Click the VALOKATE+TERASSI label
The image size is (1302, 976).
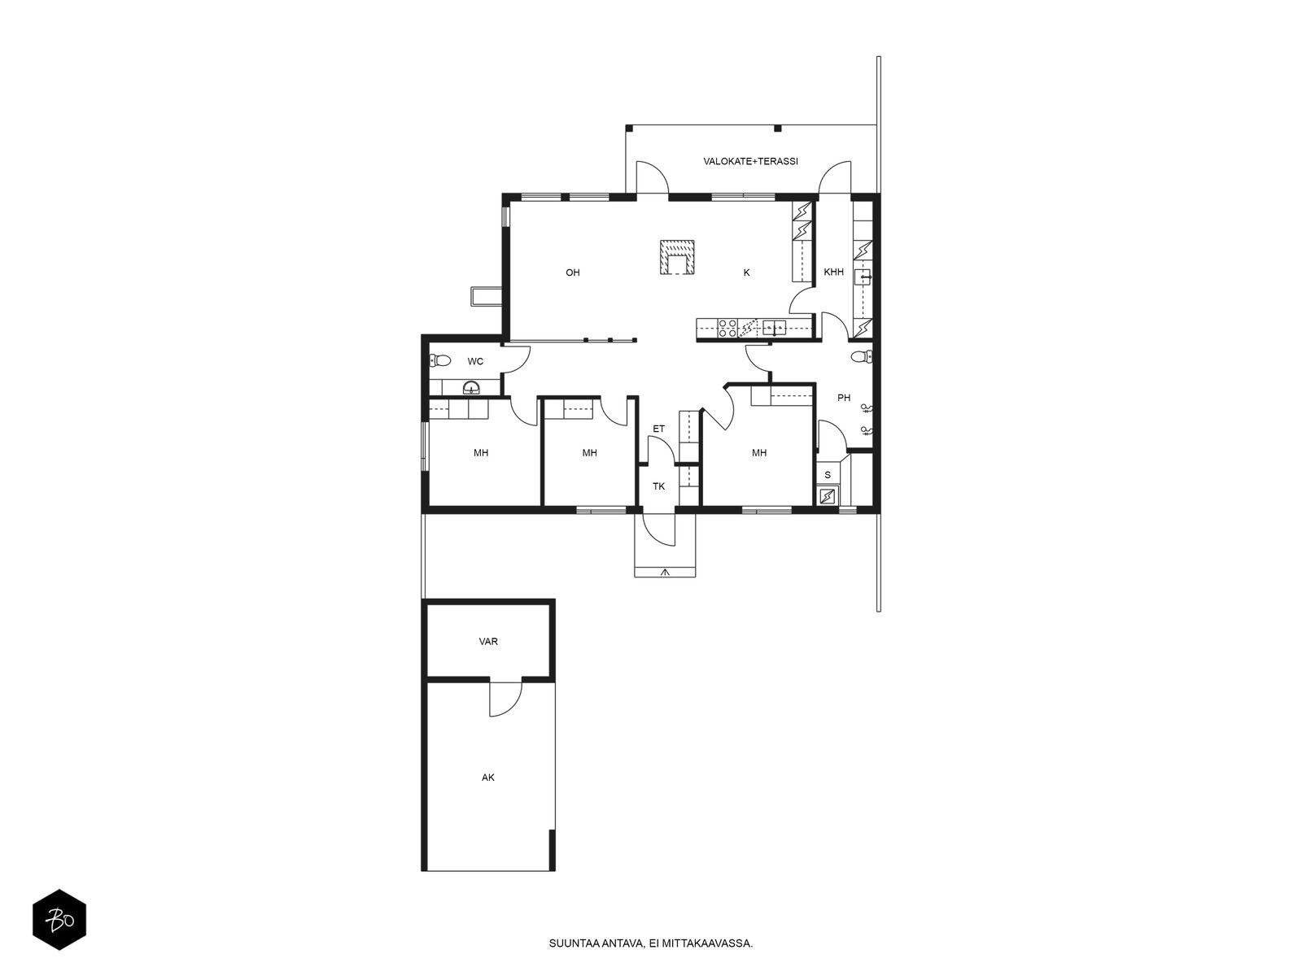coord(750,161)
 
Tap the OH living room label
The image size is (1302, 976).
coord(572,272)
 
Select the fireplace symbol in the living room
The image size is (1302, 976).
coord(677,257)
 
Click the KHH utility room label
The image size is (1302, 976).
coord(833,272)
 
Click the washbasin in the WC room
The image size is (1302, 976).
coord(471,388)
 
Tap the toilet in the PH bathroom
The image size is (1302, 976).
coord(862,357)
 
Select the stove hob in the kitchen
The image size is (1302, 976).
coord(727,329)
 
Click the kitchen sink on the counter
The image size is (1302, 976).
coord(774,327)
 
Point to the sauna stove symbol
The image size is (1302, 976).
coord(827,495)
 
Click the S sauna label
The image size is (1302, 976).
coord(828,475)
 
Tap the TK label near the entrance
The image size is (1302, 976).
coord(658,486)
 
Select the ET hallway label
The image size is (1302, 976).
coord(658,429)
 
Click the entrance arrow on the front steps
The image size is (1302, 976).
coord(665,572)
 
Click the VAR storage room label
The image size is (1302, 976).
coord(488,641)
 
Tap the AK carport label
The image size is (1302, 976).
coord(487,778)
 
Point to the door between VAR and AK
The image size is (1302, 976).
coord(505,698)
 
